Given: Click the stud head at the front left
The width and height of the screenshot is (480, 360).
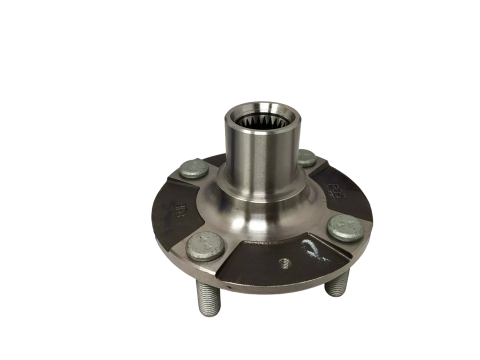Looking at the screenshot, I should point(205,245).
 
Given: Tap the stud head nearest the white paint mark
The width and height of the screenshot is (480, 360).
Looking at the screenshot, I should point(345,228).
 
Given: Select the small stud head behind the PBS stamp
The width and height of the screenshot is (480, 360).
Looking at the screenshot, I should point(306,157).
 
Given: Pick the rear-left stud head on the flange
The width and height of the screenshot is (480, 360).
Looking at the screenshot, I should point(193,168).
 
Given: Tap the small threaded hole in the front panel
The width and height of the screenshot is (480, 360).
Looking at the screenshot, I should point(284,263).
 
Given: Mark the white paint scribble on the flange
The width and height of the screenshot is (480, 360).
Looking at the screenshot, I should point(313,247).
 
